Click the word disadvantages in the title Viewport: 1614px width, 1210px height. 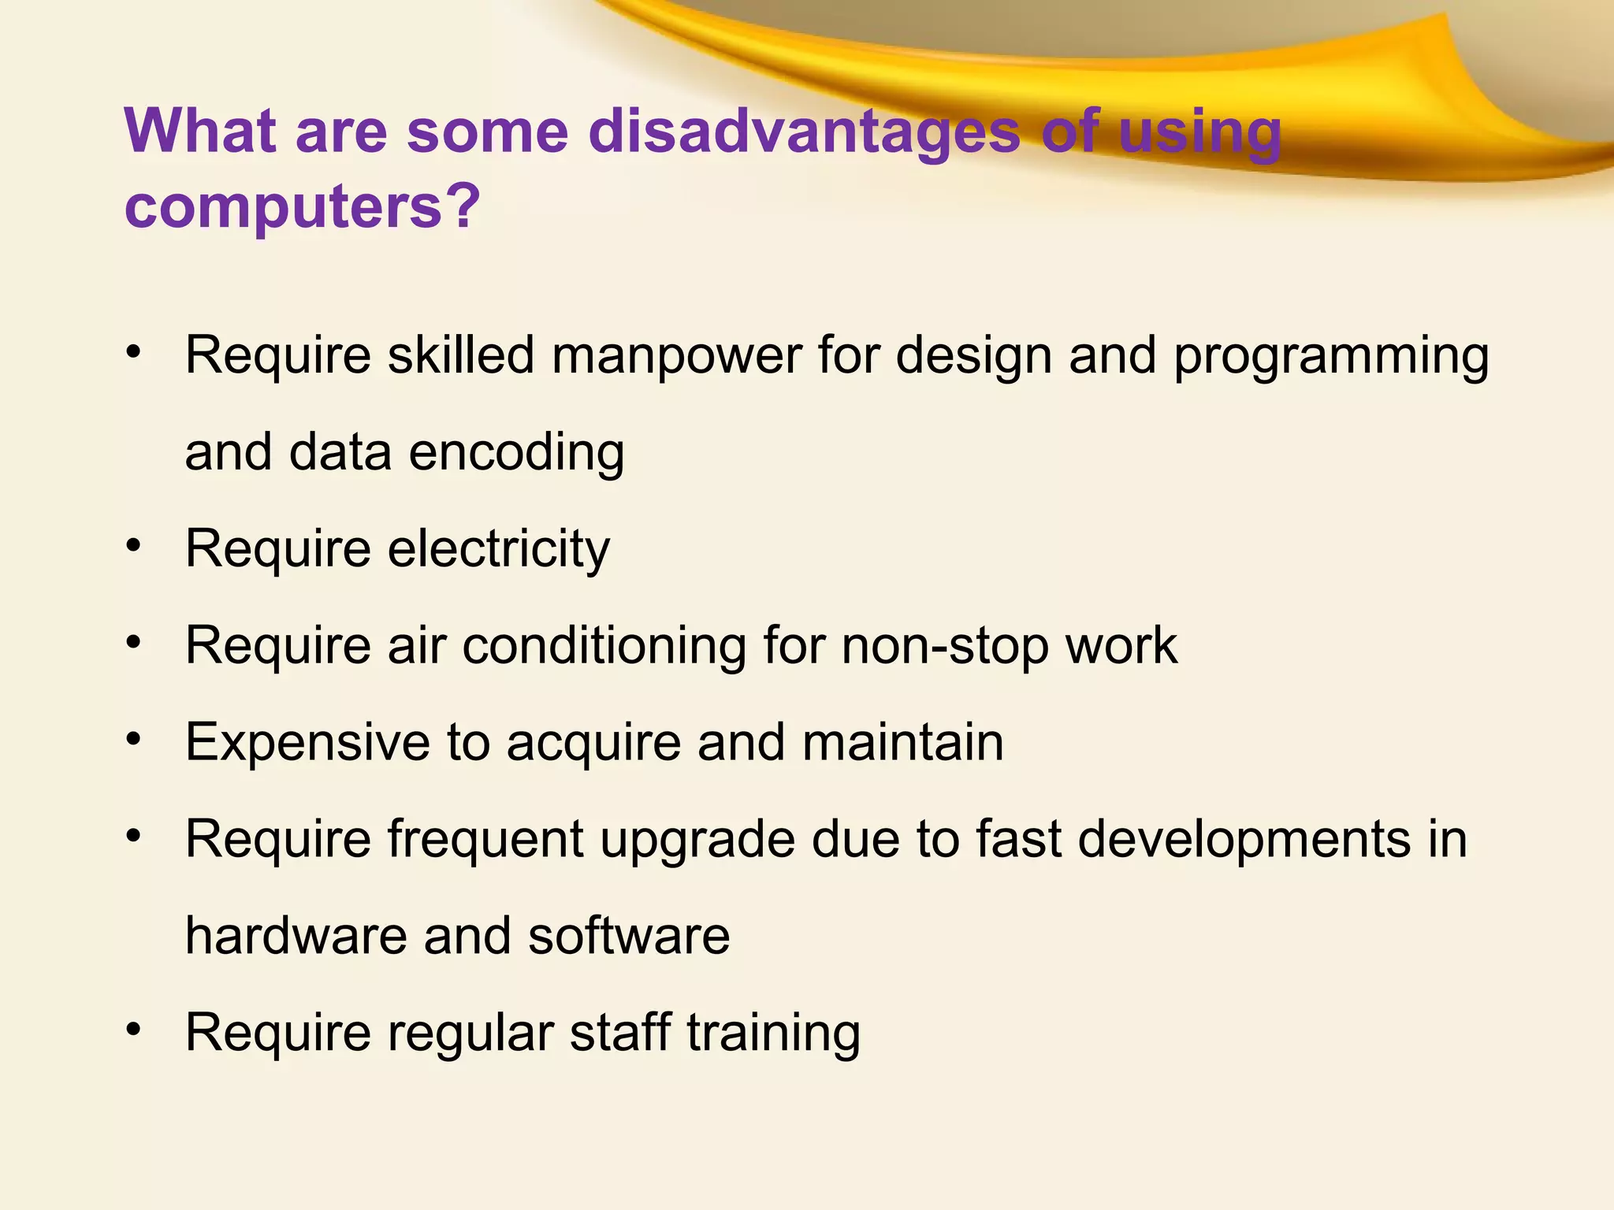point(805,132)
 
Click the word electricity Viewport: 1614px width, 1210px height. point(499,549)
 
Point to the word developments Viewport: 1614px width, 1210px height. point(1243,840)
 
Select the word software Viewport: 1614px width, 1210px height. point(629,936)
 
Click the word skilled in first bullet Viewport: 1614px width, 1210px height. point(461,355)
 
